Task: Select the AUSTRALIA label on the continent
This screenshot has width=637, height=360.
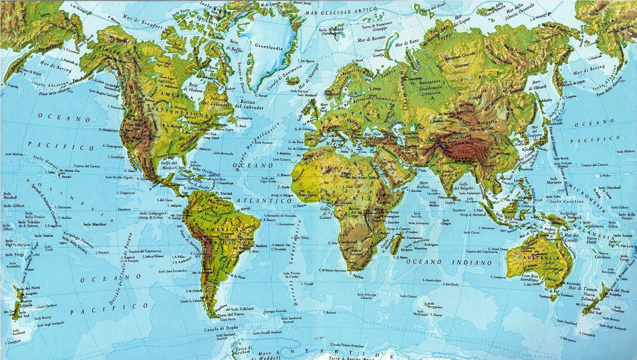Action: (x=543, y=258)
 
